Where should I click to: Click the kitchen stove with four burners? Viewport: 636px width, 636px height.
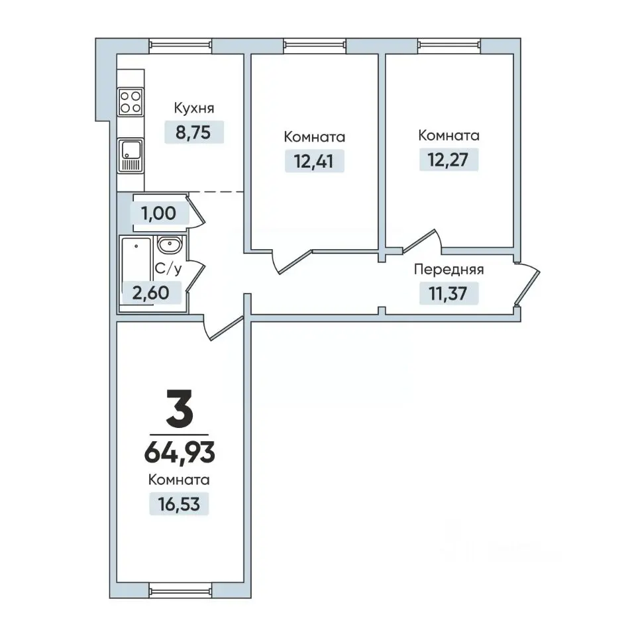(131, 102)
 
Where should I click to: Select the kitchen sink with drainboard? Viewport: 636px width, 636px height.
(131, 155)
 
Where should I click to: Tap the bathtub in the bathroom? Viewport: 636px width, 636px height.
(136, 271)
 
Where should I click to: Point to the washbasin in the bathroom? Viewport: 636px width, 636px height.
(170, 245)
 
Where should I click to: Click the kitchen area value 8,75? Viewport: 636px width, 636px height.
(193, 132)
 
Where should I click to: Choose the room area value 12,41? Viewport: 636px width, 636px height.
(314, 161)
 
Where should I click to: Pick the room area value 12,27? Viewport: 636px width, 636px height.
(449, 160)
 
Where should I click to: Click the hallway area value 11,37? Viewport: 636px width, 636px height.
(449, 293)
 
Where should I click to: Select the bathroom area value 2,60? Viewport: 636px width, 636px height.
(150, 292)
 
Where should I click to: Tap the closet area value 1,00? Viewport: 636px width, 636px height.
(158, 213)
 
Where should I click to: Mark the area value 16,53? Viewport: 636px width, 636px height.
(179, 504)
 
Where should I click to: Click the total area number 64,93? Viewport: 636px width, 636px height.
(180, 452)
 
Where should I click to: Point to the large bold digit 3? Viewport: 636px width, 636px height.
(180, 408)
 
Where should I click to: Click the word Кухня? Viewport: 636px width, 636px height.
(194, 108)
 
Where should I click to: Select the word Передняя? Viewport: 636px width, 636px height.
(449, 270)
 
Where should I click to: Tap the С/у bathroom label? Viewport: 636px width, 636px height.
(168, 268)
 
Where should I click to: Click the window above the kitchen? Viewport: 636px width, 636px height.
(180, 46)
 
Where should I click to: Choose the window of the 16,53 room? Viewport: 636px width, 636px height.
(180, 590)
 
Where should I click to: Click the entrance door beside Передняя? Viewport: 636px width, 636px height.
(527, 284)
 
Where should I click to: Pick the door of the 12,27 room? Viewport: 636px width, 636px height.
(422, 241)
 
